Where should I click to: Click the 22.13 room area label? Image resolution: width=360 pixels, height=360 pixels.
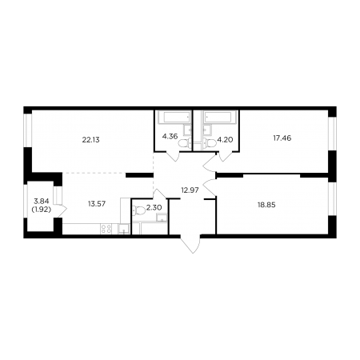tap(90, 140)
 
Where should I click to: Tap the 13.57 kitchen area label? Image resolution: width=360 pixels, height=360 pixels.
tap(97, 204)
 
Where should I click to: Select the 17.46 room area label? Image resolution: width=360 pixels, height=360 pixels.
tap(282, 138)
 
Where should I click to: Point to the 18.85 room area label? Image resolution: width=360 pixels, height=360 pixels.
tap(266, 205)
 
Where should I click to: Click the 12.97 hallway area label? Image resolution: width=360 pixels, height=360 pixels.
tap(190, 190)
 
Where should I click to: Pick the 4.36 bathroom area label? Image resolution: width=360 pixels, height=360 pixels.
tap(170, 137)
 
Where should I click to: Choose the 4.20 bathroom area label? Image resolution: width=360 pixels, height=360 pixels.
tap(226, 140)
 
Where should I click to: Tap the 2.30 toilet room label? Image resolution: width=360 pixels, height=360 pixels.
tap(154, 207)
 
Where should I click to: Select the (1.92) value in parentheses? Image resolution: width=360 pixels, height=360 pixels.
tap(42, 210)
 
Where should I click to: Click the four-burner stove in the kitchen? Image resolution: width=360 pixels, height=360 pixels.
tap(106, 229)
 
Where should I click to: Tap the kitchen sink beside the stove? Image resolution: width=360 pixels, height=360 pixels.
tap(123, 229)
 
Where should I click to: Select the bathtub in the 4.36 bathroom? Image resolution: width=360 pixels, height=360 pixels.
tap(174, 118)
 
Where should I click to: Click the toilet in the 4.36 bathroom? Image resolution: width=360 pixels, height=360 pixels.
tap(184, 143)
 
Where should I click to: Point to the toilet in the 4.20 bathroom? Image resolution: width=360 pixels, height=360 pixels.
tap(210, 143)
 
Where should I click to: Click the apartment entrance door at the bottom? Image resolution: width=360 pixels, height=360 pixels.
tap(190, 244)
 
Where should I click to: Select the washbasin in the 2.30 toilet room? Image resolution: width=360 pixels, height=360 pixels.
tap(162, 218)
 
